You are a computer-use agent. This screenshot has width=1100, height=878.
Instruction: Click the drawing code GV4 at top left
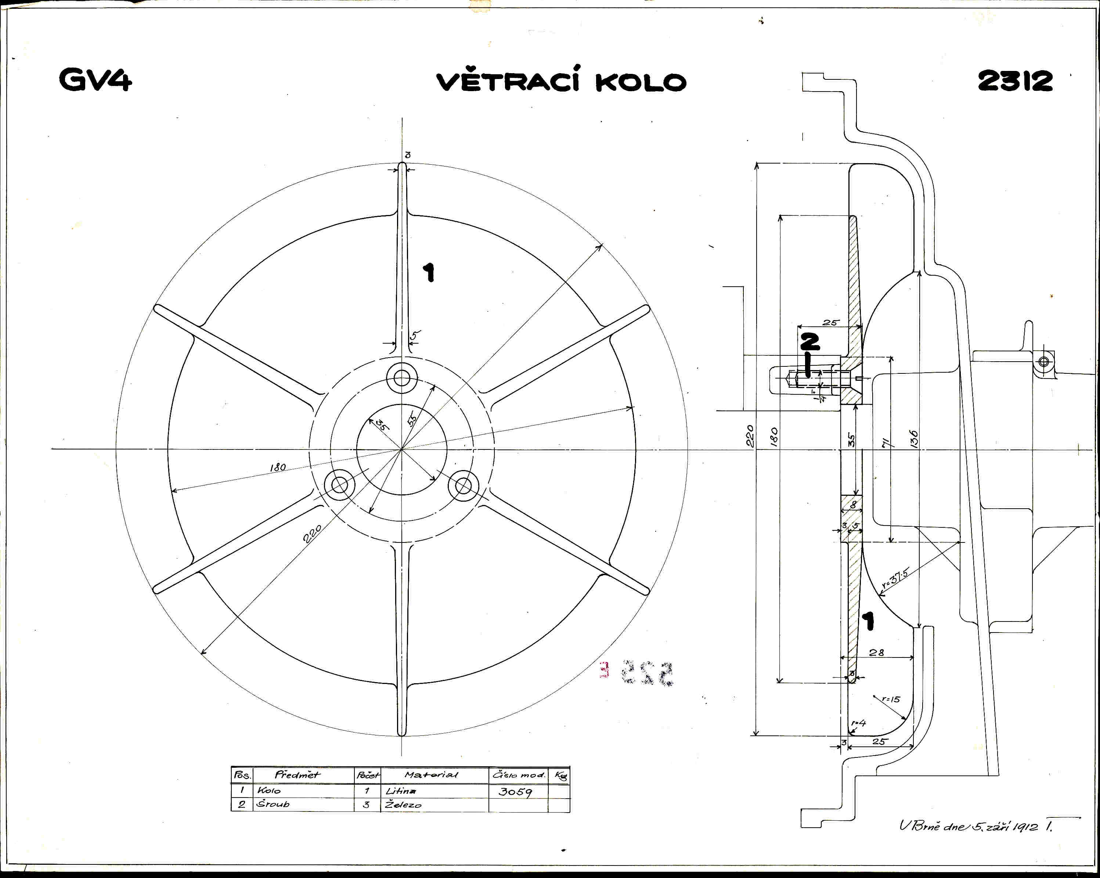coord(95,80)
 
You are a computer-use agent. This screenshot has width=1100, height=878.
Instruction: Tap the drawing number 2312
coord(1015,80)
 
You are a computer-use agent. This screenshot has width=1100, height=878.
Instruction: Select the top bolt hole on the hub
coord(402,378)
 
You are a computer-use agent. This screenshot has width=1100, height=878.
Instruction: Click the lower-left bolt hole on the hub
coord(340,485)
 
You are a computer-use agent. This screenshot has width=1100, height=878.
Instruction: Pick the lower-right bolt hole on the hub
coord(463,485)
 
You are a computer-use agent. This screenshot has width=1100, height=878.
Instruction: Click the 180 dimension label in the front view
coord(278,467)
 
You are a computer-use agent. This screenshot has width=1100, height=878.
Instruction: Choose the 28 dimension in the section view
coord(877,652)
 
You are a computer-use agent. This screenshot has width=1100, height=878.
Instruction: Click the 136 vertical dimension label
coord(914,439)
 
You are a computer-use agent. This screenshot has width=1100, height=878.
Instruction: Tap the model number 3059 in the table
coord(515,792)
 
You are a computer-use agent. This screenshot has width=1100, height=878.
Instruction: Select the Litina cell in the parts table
coord(401,791)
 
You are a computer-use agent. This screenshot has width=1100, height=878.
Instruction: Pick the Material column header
coord(431,775)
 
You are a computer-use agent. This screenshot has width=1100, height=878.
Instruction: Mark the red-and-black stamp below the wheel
coord(638,673)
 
